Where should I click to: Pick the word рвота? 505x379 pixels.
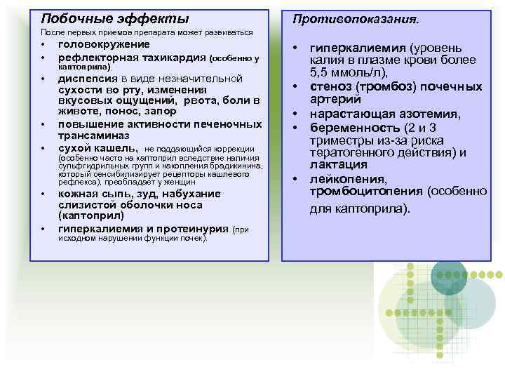point(203,100)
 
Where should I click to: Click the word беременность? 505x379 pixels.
point(349,127)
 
